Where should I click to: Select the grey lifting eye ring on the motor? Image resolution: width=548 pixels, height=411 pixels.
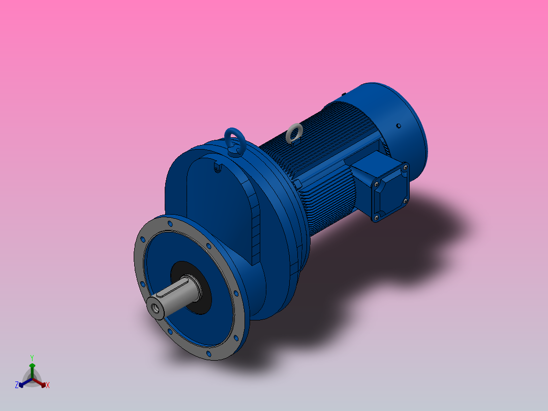click(293, 133)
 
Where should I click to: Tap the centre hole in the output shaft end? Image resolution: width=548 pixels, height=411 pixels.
click(154, 308)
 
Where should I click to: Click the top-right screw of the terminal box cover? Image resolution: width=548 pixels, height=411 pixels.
click(405, 166)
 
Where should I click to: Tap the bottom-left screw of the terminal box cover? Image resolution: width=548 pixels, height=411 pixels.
click(376, 218)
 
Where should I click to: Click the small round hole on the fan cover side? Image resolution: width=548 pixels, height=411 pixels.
click(399, 125)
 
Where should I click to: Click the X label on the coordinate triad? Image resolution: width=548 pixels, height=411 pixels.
click(48, 386)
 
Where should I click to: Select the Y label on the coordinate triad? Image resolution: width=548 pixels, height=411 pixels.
click(32, 358)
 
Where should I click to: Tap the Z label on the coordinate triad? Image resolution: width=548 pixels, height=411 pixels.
click(17, 386)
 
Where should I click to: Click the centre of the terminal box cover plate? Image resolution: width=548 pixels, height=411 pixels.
click(390, 192)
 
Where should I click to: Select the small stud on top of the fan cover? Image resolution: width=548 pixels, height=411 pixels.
click(344, 94)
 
